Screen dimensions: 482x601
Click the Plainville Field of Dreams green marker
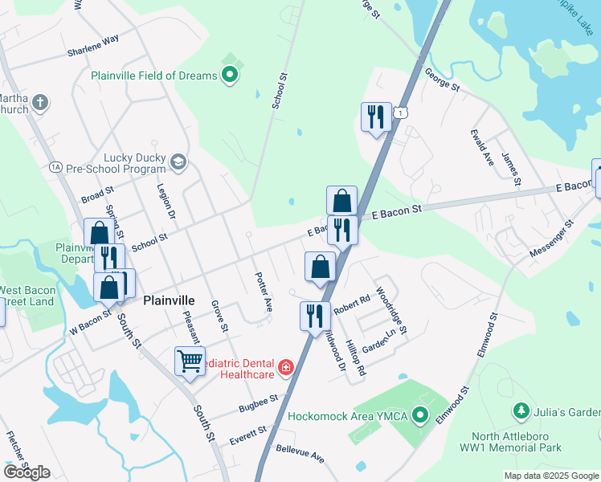tap(230, 76)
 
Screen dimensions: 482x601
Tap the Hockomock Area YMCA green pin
tap(419, 415)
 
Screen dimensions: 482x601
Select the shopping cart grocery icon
tap(190, 361)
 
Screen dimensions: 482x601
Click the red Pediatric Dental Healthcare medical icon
tap(284, 368)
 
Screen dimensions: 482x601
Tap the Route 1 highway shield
tap(399, 113)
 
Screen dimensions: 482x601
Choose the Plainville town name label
tap(170, 300)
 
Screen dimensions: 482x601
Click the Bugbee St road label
tap(258, 403)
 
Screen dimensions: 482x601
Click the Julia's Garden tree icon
tap(521, 412)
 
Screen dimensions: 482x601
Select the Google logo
tap(27, 472)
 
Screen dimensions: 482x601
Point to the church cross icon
tap(40, 103)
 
